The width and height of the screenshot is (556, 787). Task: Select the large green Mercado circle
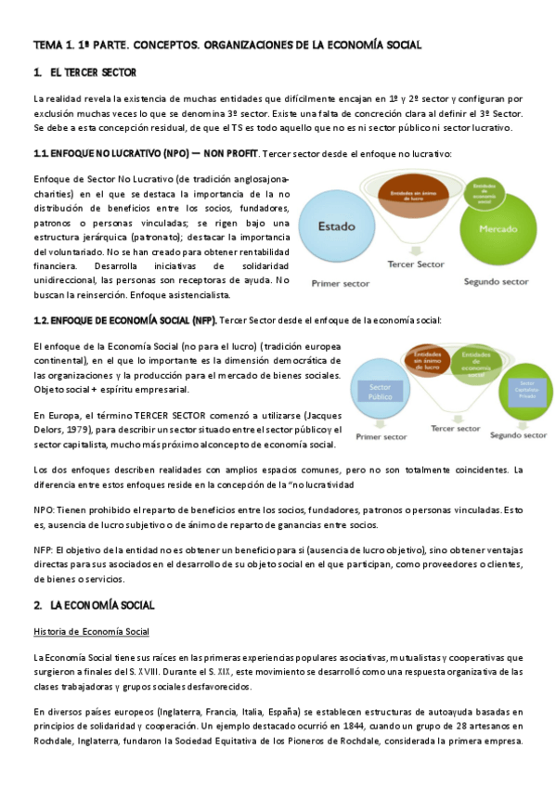[x=498, y=227]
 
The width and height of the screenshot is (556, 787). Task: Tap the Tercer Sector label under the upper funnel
[x=416, y=264]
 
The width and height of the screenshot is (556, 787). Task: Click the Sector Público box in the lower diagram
[x=381, y=392]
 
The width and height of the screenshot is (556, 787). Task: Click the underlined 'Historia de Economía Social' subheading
[x=91, y=632]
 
